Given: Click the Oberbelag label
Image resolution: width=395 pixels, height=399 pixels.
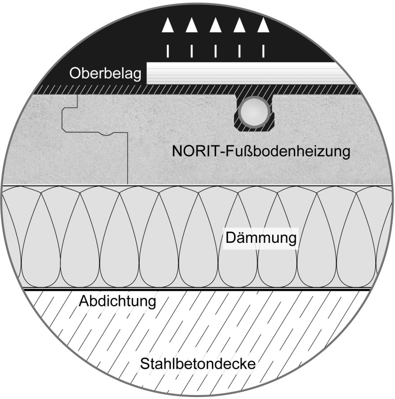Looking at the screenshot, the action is pyautogui.click(x=105, y=74).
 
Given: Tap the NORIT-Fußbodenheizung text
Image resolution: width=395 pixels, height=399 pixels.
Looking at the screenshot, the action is pyautogui.click(x=261, y=151).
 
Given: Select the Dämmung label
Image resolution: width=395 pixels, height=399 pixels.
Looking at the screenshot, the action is pyautogui.click(x=261, y=238).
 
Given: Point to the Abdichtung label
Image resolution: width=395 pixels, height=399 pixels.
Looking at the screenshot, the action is pyautogui.click(x=118, y=302).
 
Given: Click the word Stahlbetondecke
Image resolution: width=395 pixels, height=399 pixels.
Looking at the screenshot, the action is pyautogui.click(x=198, y=363).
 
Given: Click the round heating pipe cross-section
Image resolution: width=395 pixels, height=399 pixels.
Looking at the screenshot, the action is pyautogui.click(x=254, y=111).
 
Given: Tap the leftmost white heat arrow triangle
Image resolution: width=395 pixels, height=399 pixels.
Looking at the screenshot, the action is pyautogui.click(x=168, y=25).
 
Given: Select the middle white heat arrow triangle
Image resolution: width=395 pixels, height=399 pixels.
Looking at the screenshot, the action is pyautogui.click(x=216, y=25).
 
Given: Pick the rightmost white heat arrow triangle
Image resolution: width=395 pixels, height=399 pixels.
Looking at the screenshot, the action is pyautogui.click(x=263, y=25).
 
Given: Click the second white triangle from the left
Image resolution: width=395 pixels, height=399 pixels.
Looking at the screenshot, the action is pyautogui.click(x=192, y=25).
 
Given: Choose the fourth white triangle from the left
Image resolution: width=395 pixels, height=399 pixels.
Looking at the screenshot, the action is pyautogui.click(x=239, y=25).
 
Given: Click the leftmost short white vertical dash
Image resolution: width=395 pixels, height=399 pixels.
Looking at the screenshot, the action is pyautogui.click(x=168, y=51).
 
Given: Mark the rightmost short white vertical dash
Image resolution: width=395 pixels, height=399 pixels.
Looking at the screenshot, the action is pyautogui.click(x=263, y=51).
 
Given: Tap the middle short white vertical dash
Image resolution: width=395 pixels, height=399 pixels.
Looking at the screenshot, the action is pyautogui.click(x=216, y=51).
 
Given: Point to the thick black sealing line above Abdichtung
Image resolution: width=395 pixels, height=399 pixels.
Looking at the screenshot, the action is pyautogui.click(x=197, y=290).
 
